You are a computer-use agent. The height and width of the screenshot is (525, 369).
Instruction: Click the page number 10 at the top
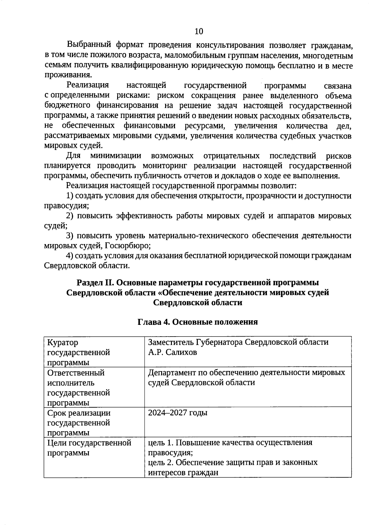pyautogui.click(x=199, y=31)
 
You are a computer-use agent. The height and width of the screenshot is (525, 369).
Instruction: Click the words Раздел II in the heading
pyautogui.click(x=95, y=282)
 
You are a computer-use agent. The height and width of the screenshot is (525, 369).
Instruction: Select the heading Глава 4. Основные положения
pyautogui.click(x=197, y=322)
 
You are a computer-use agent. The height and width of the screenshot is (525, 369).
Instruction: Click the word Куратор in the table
pyautogui.click(x=63, y=342)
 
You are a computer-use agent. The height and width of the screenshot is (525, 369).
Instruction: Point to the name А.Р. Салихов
pyautogui.click(x=173, y=352)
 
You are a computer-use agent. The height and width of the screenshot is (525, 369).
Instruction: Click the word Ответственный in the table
pyautogui.click(x=76, y=373)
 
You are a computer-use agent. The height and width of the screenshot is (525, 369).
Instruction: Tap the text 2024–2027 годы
pyautogui.click(x=178, y=412)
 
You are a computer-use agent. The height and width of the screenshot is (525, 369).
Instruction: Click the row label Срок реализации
pyautogui.click(x=79, y=413)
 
